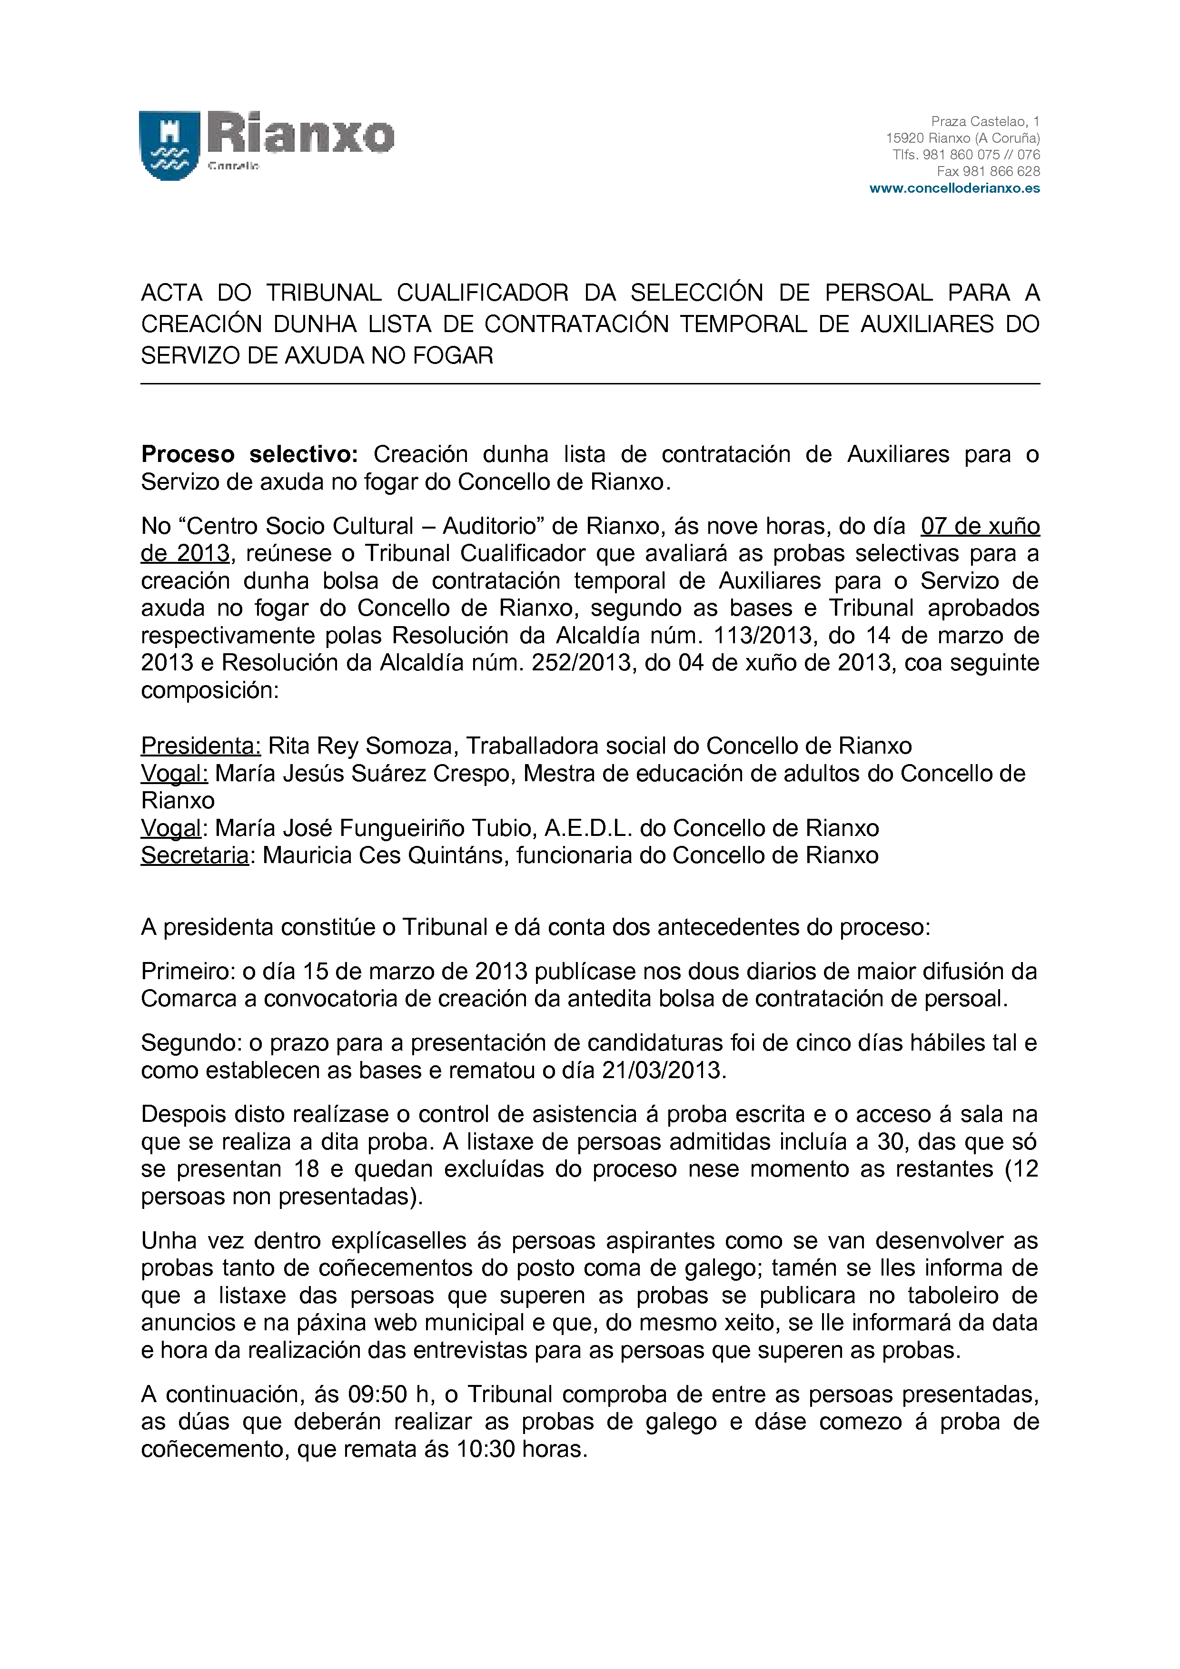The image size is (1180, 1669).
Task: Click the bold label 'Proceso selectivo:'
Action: click(x=249, y=454)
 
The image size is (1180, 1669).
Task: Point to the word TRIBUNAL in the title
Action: click(x=324, y=293)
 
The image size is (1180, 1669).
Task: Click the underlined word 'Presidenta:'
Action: click(x=201, y=746)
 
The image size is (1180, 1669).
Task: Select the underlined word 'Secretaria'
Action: click(x=195, y=855)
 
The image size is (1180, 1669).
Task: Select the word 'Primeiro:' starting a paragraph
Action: click(x=188, y=972)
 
